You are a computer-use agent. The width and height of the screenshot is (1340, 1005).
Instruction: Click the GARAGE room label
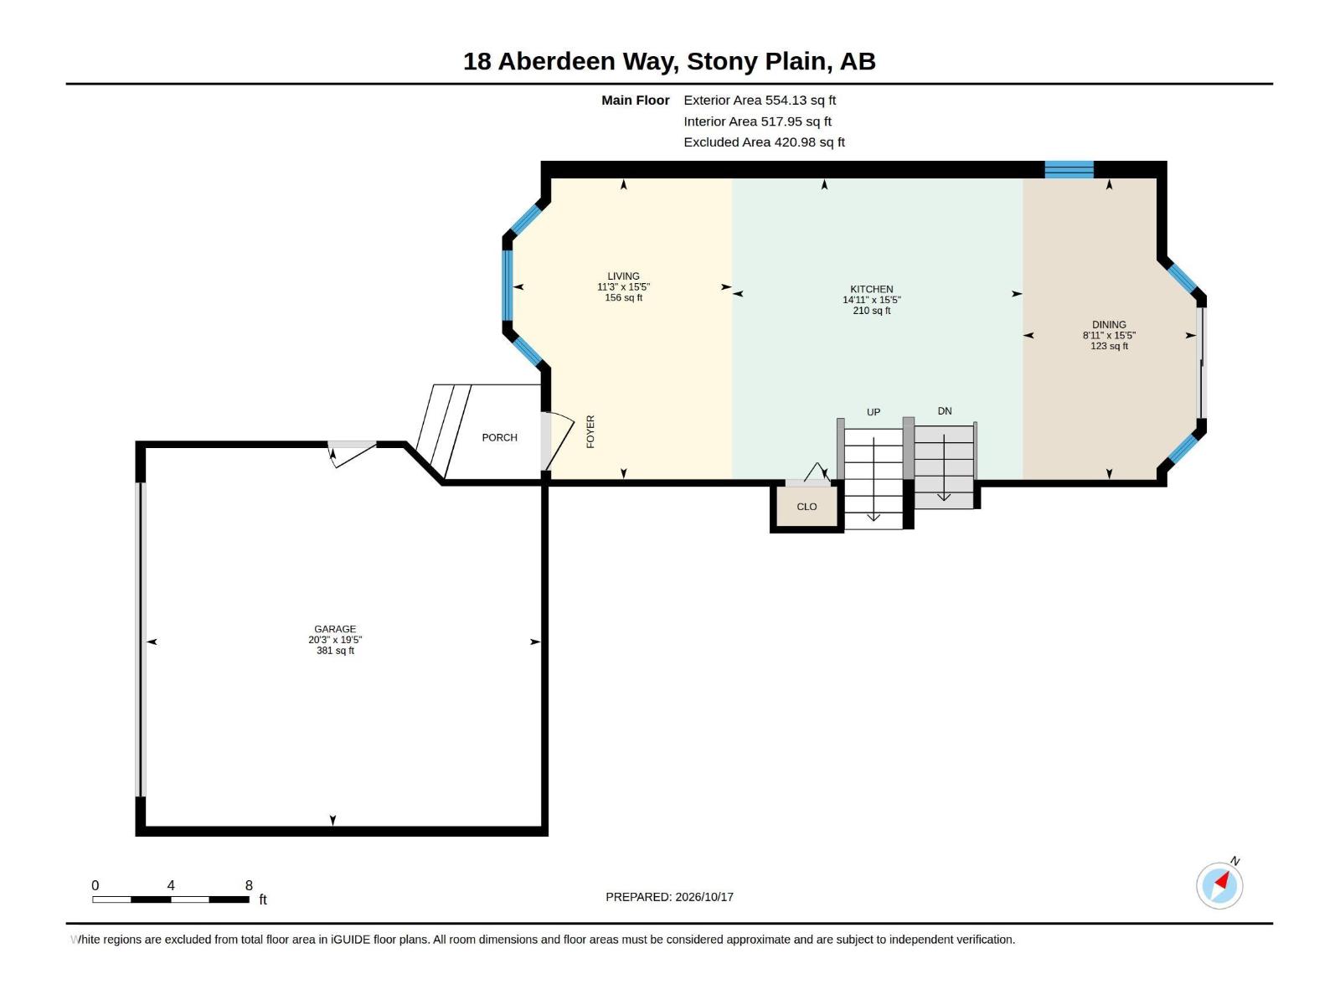tap(334, 628)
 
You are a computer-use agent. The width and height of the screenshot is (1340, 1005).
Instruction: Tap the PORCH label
tap(499, 437)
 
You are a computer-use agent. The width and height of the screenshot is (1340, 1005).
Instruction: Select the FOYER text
tap(590, 431)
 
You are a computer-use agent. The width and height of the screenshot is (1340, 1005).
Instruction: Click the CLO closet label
tap(807, 507)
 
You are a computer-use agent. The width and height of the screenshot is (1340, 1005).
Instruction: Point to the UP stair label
tap(873, 412)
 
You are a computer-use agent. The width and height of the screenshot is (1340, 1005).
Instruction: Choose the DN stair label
tap(945, 410)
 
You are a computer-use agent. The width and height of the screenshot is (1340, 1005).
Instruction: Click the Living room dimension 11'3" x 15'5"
tap(623, 286)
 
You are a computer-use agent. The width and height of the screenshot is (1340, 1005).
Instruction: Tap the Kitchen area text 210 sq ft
tap(871, 311)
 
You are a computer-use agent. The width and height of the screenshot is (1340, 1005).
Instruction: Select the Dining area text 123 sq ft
tap(1109, 346)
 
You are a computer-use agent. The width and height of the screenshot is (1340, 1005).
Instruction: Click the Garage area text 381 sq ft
tap(334, 651)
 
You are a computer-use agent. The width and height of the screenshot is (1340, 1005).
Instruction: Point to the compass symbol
tap(1219, 884)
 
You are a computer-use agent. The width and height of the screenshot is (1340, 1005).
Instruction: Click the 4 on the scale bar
tap(171, 884)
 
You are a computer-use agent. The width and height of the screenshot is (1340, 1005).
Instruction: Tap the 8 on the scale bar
tap(249, 884)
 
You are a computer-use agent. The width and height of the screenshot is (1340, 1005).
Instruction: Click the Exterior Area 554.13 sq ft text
tap(760, 100)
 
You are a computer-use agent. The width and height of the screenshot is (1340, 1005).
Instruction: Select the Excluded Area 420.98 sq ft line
tap(764, 142)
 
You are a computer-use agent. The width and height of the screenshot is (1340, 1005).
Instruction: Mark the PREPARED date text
tap(669, 896)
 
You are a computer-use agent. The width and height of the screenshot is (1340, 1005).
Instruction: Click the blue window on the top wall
tap(1069, 169)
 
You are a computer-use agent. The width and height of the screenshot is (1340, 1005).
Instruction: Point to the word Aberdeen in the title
tap(556, 61)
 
